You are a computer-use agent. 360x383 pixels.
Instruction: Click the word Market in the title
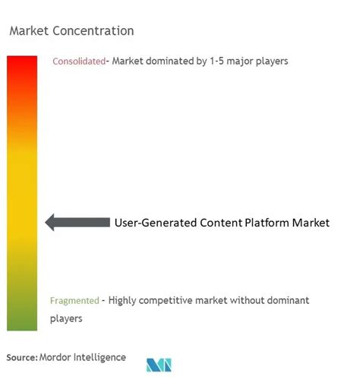coord(28,31)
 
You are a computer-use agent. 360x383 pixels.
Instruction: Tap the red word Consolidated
coord(78,62)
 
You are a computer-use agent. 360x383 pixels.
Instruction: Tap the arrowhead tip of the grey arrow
coord(47,222)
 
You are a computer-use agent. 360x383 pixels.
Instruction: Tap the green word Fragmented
coord(74,300)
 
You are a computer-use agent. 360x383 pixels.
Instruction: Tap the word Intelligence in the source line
coord(103,357)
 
